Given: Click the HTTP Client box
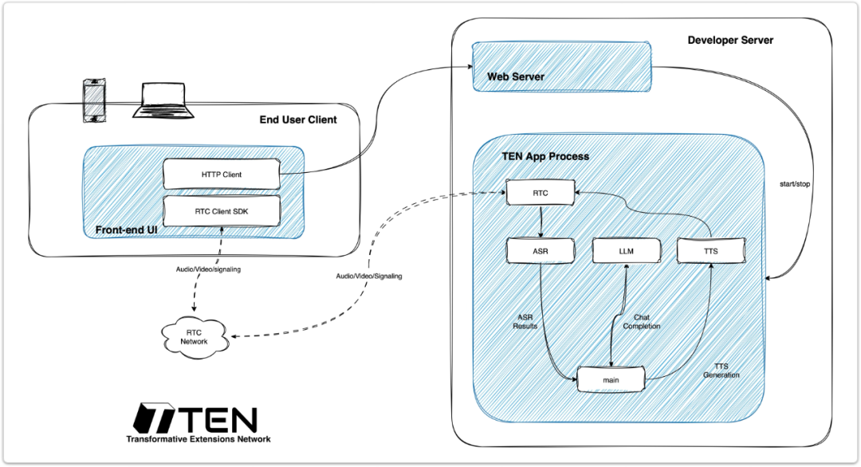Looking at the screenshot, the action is click(x=222, y=175).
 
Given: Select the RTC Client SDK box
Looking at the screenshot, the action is click(x=222, y=211).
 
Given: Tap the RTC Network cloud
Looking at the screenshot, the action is click(x=195, y=337).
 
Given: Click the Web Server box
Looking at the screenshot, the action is click(x=562, y=66).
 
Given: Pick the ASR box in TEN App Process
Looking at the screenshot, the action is click(x=541, y=251).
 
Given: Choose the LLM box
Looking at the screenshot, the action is click(x=627, y=251).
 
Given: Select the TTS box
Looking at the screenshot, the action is click(x=711, y=251).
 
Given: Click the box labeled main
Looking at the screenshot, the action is click(x=611, y=380).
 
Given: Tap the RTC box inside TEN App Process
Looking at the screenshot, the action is click(x=541, y=193).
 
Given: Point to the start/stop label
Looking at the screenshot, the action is click(x=795, y=184).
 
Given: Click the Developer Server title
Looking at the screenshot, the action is click(x=730, y=40).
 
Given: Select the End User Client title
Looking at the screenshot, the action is click(x=298, y=120).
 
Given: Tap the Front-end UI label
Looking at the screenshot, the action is click(x=126, y=230).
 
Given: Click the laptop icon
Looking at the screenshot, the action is click(x=163, y=100).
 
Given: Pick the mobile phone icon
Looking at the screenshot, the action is click(x=94, y=100).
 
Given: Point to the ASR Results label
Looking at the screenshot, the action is click(x=525, y=322).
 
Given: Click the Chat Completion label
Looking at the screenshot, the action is click(x=641, y=322).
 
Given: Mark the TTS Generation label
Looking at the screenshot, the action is click(x=721, y=371).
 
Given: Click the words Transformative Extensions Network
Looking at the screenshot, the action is click(x=199, y=439).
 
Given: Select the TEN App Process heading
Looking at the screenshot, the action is click(x=545, y=156).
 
